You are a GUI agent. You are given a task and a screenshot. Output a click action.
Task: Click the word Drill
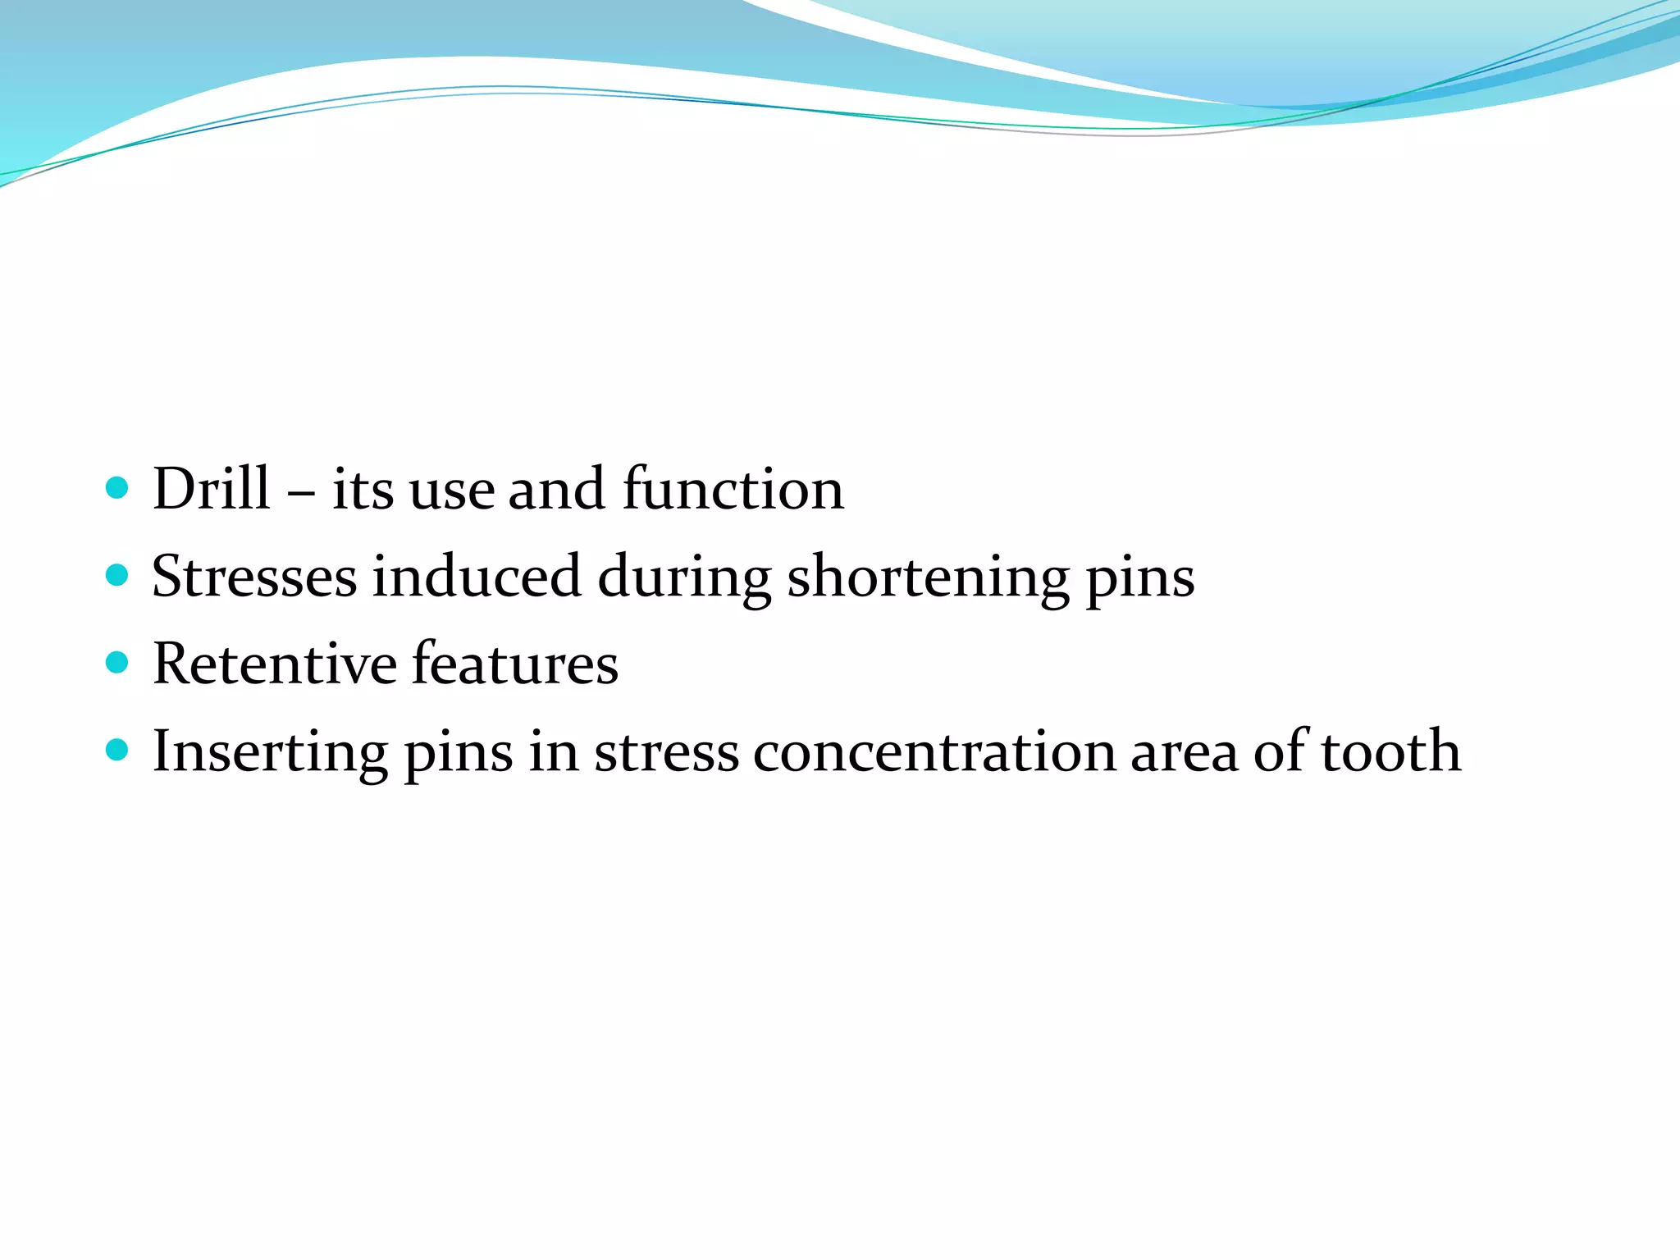click(x=211, y=489)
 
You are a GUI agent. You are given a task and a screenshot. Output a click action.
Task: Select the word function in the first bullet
click(x=733, y=489)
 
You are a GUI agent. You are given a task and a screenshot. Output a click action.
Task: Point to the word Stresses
click(x=254, y=577)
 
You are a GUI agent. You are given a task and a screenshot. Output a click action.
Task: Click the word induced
click(x=477, y=577)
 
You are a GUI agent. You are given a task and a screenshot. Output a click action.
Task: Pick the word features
click(x=514, y=664)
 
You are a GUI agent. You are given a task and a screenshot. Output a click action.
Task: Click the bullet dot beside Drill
click(x=117, y=489)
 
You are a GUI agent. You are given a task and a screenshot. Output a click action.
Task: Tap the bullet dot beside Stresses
click(x=117, y=575)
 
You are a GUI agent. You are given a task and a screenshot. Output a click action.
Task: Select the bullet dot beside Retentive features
click(x=117, y=662)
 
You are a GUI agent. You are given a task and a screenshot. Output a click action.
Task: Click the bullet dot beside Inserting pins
click(x=117, y=749)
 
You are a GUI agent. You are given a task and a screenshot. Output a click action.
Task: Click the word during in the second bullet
click(x=684, y=579)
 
